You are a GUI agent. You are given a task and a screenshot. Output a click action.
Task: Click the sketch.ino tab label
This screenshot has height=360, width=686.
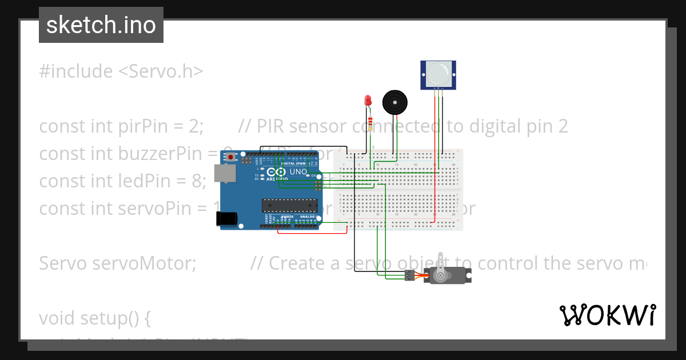coord(101,25)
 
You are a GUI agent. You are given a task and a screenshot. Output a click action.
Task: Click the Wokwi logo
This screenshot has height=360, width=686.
coord(607,315)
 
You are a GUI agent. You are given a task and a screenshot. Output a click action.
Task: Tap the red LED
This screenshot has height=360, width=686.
coord(368,101)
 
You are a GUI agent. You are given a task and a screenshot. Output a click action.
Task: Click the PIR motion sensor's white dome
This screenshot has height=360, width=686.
coord(438,73)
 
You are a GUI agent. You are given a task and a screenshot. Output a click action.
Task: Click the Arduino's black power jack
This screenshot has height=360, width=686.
coord(226,218)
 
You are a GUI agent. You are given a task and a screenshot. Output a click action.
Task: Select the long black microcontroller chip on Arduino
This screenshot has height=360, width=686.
coord(289,204)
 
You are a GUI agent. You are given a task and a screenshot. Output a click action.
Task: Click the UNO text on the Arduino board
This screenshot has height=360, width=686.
coord(300,171)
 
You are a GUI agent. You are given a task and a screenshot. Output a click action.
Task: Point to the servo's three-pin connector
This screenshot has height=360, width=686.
coord(409,277)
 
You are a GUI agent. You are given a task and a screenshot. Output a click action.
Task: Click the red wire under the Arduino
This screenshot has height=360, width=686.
coord(312,233)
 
